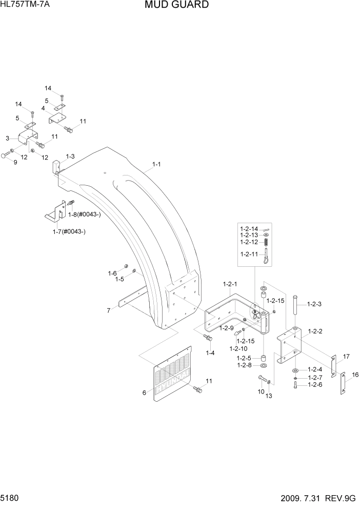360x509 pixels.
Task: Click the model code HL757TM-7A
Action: point(22,5)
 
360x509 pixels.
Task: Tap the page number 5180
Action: point(11,499)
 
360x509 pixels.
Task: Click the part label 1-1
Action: point(157,165)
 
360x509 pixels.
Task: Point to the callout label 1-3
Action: point(70,156)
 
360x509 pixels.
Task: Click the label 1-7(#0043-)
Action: point(69,231)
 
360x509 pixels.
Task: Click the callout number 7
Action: point(109,310)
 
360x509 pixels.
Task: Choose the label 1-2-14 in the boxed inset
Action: point(250,228)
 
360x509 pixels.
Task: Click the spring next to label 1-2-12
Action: point(267,242)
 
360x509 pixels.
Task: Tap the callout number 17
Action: point(346,356)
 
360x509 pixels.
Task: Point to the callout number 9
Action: point(15,162)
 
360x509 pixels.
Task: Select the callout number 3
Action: point(8,138)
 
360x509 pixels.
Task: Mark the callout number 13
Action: point(268,396)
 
